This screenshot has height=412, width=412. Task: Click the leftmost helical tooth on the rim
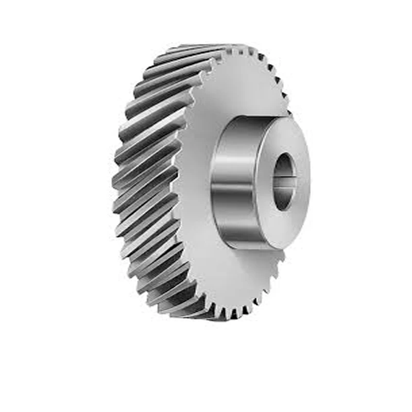(117, 180)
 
